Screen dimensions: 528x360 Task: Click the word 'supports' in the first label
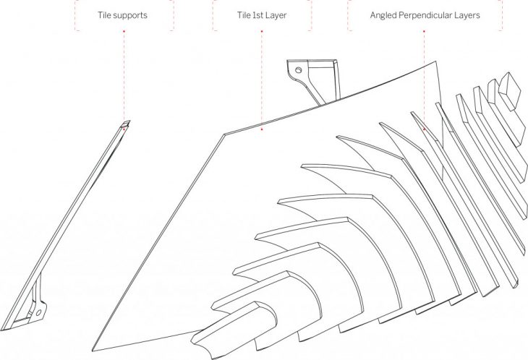(x=129, y=16)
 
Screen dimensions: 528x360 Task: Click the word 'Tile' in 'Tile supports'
(x=103, y=15)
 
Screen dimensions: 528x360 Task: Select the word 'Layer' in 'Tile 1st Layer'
(x=276, y=16)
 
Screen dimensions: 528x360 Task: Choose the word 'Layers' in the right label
(x=468, y=16)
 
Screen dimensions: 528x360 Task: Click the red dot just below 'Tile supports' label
(x=124, y=31)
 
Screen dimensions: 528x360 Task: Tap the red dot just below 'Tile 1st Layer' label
(x=262, y=31)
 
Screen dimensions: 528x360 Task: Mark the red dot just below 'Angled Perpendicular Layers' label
(x=424, y=31)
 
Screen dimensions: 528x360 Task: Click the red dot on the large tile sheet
(x=262, y=129)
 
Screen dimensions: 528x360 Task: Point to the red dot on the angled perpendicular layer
(x=425, y=129)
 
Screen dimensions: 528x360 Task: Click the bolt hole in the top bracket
(x=298, y=70)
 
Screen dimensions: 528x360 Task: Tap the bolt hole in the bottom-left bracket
(x=38, y=312)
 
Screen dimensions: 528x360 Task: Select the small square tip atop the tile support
(x=126, y=124)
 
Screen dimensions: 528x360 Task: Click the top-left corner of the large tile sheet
(x=223, y=134)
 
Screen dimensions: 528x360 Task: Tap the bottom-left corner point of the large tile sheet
(x=93, y=351)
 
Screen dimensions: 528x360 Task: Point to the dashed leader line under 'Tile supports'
(x=124, y=77)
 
